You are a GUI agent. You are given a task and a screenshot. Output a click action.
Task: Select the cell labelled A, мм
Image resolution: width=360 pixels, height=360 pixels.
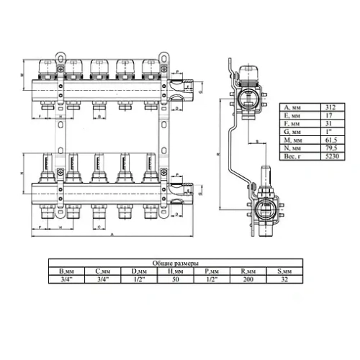point(297,107)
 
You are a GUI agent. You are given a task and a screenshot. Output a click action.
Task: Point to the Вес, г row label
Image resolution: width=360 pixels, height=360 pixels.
point(297,155)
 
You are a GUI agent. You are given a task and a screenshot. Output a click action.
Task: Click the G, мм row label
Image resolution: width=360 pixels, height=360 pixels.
point(297,131)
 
